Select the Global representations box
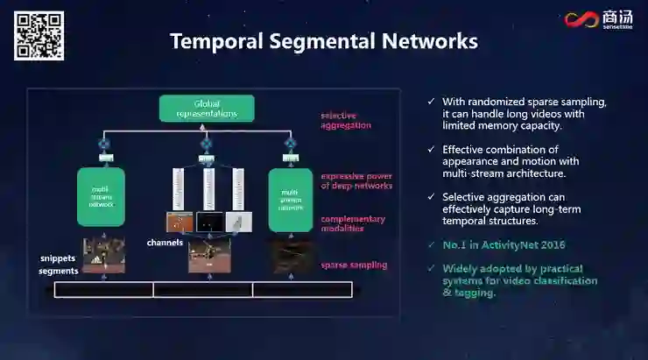click(x=207, y=109)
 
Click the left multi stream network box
click(x=101, y=197)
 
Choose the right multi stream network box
click(x=291, y=201)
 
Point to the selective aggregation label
click(x=347, y=121)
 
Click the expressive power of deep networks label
click(x=356, y=180)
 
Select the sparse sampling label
click(x=354, y=265)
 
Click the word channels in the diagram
click(x=166, y=242)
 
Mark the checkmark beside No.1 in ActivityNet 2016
click(x=430, y=244)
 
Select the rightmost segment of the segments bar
click(x=302, y=289)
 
